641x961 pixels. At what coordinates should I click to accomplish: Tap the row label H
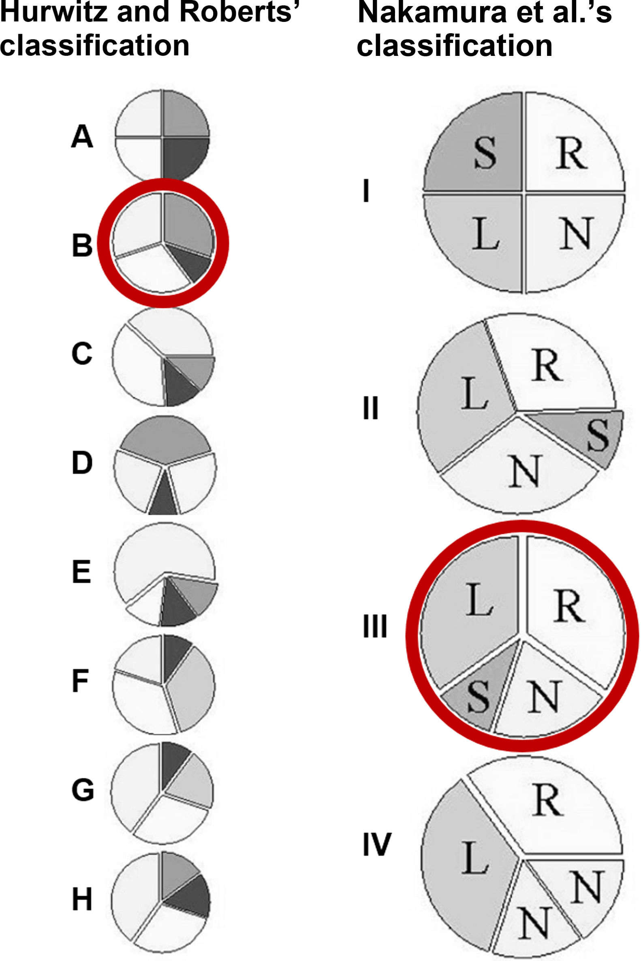coord(82,899)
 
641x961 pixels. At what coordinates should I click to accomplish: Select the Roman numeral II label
coord(371,408)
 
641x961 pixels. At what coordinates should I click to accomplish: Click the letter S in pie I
coord(486,153)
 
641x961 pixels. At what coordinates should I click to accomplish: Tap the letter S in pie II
coord(598,436)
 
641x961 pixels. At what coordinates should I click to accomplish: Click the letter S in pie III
coord(479,697)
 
